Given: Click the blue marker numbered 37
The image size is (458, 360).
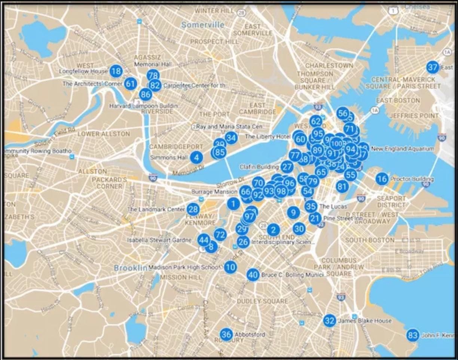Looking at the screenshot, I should (x=433, y=67).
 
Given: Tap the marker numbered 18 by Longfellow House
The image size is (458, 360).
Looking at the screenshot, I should (x=116, y=71).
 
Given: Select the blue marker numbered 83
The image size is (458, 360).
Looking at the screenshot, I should (x=413, y=335).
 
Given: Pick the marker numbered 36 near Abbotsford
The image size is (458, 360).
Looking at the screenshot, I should (x=226, y=334).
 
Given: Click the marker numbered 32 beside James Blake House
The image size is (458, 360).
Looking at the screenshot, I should (x=329, y=321).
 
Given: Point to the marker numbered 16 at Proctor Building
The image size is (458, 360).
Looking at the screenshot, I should (x=382, y=179).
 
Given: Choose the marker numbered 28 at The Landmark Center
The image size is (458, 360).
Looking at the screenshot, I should (x=193, y=209).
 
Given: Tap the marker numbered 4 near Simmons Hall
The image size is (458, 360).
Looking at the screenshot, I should (x=196, y=158).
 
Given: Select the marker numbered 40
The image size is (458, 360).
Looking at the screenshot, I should (x=253, y=275).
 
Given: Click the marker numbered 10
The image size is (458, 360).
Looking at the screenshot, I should (x=231, y=267).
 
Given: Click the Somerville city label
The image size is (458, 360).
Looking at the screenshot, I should (x=203, y=25).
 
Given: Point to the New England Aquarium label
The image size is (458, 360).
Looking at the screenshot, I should (x=403, y=149).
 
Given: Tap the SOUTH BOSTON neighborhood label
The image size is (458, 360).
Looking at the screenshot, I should (x=370, y=240).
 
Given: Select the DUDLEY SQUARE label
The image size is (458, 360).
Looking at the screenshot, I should (x=262, y=301).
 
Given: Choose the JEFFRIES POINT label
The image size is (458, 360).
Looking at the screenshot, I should (x=413, y=116).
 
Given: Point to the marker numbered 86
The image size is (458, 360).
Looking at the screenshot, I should (x=146, y=94).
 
